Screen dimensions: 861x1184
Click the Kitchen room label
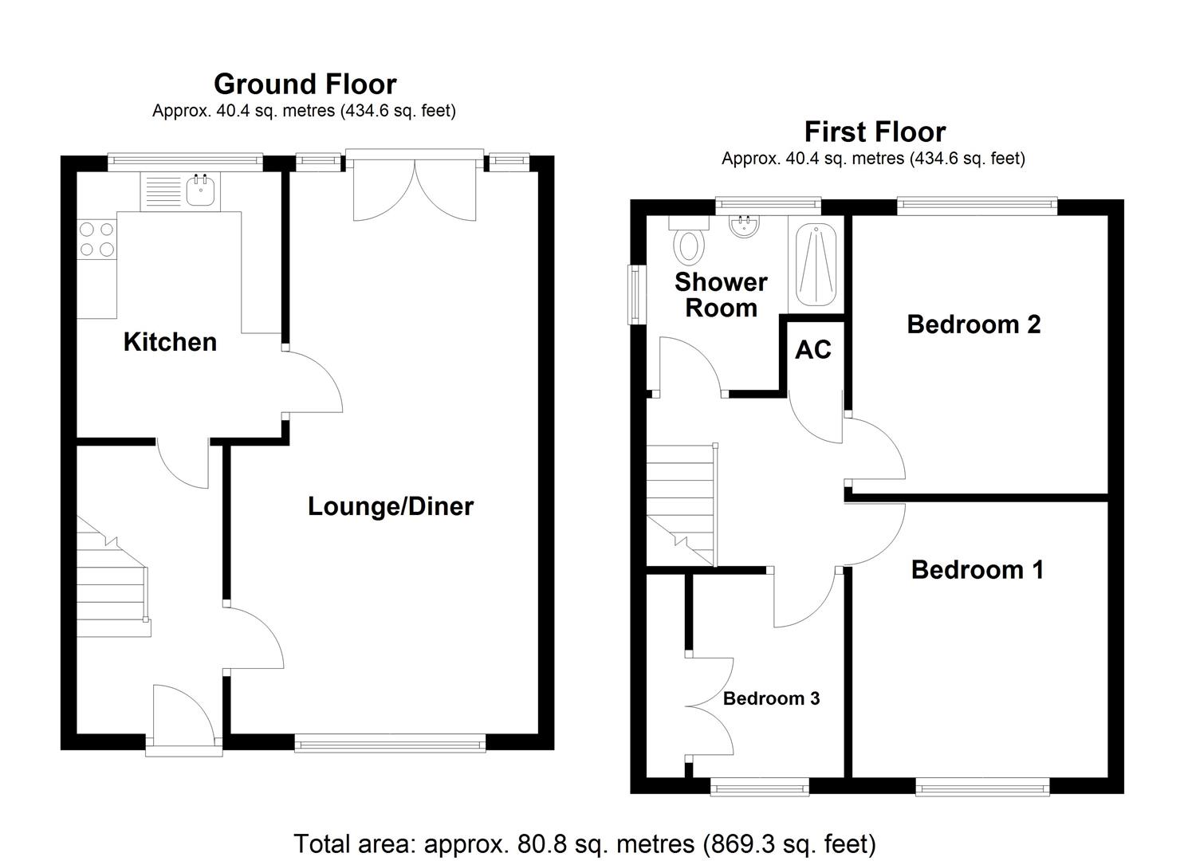170,342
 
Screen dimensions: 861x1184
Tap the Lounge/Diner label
391,506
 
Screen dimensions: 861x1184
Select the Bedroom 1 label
977,569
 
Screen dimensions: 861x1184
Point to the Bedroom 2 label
974,324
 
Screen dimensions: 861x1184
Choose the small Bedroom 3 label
771,698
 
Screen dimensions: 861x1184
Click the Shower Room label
721,295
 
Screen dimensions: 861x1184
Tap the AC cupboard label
812,349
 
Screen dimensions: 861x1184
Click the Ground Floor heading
305,84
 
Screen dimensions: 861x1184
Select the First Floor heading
874,132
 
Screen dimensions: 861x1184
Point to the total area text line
584,843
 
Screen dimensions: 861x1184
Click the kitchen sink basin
201,191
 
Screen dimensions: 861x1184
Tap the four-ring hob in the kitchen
96,239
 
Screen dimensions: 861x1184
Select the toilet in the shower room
690,243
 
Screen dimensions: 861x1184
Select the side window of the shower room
636,294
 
